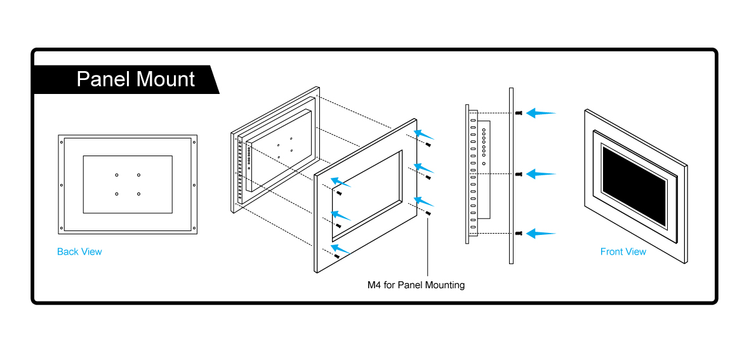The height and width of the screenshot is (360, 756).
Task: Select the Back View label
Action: (x=79, y=251)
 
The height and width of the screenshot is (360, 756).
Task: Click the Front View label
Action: (x=623, y=251)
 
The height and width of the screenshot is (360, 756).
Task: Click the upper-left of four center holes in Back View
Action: (x=117, y=175)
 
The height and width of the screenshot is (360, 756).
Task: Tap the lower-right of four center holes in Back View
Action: (x=138, y=194)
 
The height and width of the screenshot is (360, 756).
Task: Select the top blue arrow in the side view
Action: (x=541, y=113)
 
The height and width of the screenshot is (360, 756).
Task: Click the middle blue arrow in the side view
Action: (x=541, y=173)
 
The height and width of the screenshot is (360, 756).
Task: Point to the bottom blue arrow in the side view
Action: (x=541, y=234)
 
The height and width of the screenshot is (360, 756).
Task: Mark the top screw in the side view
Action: (x=520, y=113)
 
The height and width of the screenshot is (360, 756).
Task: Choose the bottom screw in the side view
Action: (x=520, y=234)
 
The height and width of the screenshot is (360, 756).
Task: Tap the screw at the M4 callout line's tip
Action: (x=428, y=214)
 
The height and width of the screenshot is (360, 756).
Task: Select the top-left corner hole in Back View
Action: (x=62, y=142)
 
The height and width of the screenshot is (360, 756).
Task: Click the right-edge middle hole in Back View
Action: (x=194, y=185)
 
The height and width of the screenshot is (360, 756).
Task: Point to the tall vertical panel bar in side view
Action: (x=510, y=176)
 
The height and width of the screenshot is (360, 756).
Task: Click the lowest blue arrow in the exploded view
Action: (x=341, y=250)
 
